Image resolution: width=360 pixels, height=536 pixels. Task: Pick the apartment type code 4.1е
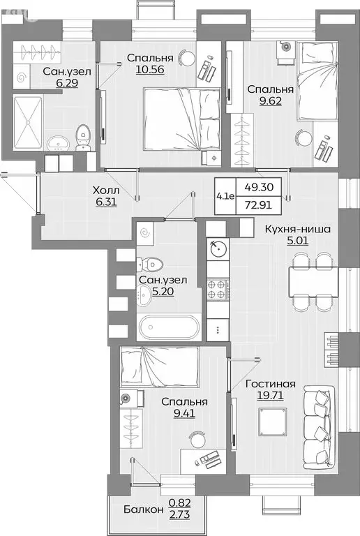pos(225,196)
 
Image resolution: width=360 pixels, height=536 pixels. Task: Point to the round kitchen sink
pos(218,248)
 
